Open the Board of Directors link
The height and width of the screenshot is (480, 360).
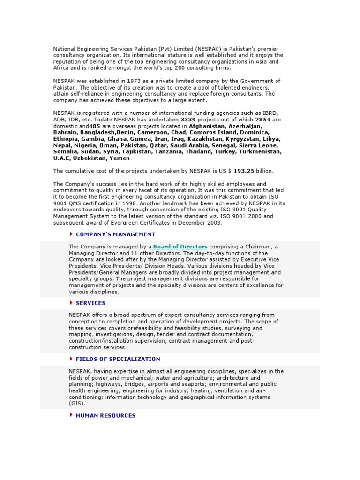[180, 247]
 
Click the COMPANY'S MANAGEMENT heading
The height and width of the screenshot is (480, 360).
[115, 234]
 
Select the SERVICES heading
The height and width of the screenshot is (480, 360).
[90, 303]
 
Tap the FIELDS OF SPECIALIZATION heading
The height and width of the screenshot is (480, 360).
[118, 359]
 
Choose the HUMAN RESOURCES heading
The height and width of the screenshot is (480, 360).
[105, 415]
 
